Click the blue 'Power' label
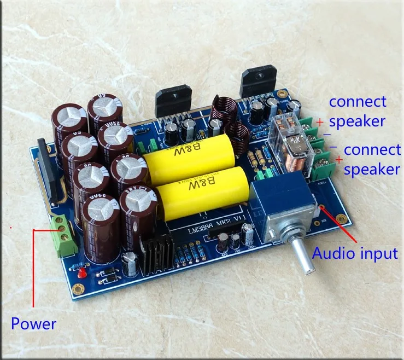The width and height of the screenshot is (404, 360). point(33,323)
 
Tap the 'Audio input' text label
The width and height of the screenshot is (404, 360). point(354,253)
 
